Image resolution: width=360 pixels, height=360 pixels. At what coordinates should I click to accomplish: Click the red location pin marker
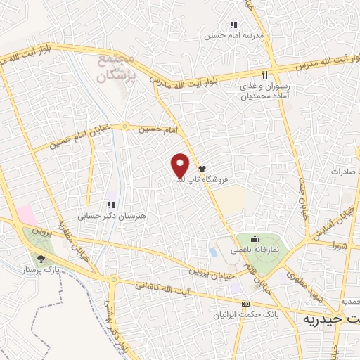[181, 165]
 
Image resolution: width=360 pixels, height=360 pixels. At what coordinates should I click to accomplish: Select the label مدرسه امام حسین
[233, 35]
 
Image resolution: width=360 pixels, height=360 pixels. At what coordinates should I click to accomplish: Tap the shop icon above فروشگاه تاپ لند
[202, 169]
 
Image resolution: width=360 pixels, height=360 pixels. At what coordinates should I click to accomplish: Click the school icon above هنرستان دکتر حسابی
[110, 205]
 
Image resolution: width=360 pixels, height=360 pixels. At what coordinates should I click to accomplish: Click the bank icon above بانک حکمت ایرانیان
[245, 304]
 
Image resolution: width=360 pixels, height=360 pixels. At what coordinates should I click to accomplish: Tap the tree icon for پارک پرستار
[40, 258]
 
